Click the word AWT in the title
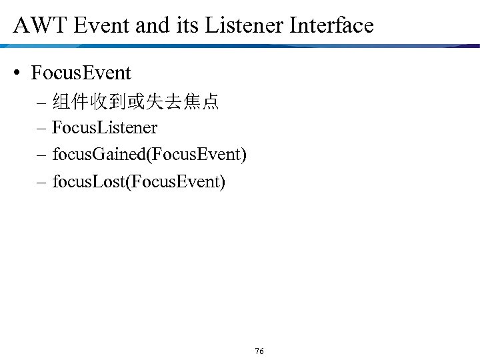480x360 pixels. click(37, 25)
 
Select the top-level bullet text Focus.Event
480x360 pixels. click(81, 73)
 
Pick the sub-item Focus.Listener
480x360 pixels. click(105, 127)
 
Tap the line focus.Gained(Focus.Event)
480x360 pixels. click(149, 155)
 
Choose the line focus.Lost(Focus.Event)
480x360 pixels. click(139, 181)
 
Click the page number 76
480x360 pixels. click(259, 351)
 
